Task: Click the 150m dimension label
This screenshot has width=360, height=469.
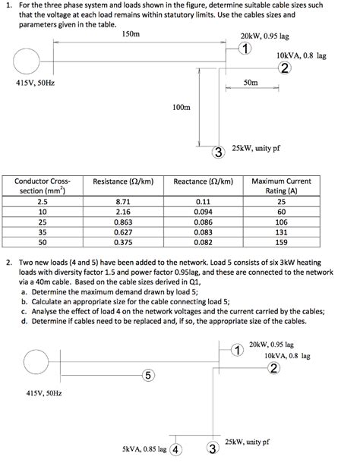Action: (131, 35)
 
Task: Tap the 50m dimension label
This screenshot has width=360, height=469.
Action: (251, 81)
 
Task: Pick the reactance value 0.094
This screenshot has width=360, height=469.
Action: (201, 212)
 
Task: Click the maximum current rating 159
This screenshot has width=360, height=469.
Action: (281, 242)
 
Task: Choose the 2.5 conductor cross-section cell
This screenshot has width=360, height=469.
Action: (42, 201)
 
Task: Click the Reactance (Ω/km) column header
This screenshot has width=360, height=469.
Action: (202, 182)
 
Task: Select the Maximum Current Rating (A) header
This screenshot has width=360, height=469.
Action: (281, 187)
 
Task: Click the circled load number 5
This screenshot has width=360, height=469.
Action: (148, 375)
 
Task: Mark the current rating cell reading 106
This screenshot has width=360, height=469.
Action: (281, 222)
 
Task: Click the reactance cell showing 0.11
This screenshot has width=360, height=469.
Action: (201, 201)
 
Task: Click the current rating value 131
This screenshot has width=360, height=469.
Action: (281, 232)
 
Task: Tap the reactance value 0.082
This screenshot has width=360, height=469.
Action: (201, 242)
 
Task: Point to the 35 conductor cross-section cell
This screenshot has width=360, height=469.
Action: (42, 232)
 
